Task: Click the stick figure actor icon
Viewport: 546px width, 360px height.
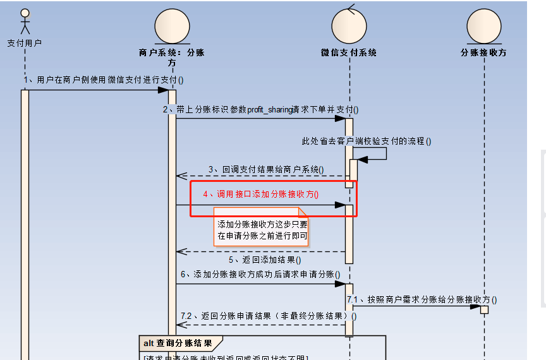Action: (25, 22)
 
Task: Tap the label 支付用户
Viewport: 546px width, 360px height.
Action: (25, 43)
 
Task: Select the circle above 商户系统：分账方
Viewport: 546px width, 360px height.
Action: (172, 26)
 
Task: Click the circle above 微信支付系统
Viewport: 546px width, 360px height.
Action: (349, 26)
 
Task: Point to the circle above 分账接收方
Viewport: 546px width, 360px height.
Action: (484, 26)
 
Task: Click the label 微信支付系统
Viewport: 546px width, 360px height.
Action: (349, 53)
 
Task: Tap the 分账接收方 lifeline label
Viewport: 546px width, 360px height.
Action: (484, 53)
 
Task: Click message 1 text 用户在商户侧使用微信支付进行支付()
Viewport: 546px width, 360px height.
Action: (104, 80)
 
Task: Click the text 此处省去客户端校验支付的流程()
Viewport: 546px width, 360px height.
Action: (367, 141)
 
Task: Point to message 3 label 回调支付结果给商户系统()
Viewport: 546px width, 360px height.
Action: (266, 169)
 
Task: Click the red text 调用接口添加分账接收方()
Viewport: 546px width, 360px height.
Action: (261, 195)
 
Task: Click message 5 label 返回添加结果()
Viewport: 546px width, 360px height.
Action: (265, 260)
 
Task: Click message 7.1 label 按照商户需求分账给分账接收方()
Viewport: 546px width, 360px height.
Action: (422, 300)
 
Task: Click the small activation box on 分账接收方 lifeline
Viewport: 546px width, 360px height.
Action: (484, 310)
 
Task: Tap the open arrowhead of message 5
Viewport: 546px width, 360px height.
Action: (181, 251)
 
